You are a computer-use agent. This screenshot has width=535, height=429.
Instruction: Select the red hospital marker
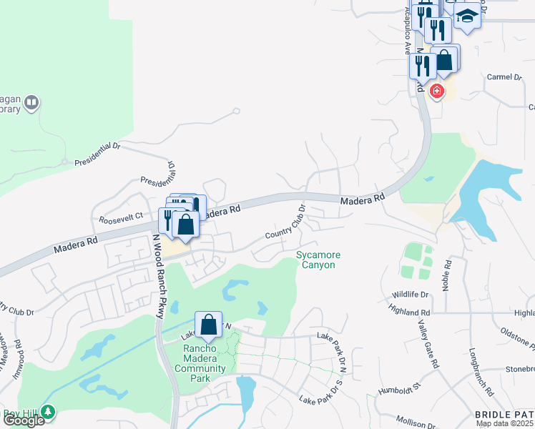tap(436, 92)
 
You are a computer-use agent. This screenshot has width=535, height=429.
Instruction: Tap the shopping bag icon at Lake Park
tap(208, 325)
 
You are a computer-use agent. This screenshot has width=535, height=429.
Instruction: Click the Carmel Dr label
tap(506, 77)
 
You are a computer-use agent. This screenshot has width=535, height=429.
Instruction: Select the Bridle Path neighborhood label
tap(504, 414)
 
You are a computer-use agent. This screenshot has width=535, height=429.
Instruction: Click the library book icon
tap(31, 104)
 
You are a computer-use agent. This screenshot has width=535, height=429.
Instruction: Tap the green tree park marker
tap(48, 412)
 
